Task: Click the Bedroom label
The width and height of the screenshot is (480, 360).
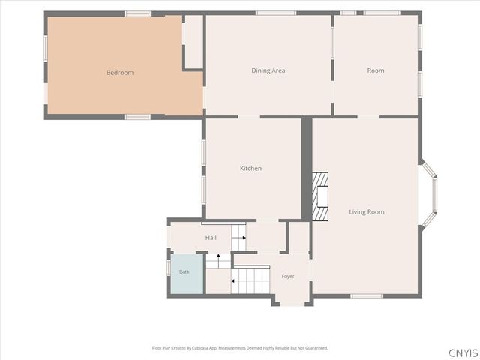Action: pyautogui.click(x=120, y=73)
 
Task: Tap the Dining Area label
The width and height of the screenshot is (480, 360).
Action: pyautogui.click(x=268, y=70)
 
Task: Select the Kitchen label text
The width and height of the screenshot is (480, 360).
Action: pyautogui.click(x=250, y=168)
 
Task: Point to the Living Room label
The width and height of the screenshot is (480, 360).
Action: pyautogui.click(x=367, y=211)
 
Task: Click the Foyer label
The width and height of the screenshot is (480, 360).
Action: pyautogui.click(x=288, y=276)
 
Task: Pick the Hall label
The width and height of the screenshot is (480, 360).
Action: pyautogui.click(x=211, y=238)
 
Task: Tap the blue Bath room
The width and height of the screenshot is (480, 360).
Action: pyautogui.click(x=187, y=274)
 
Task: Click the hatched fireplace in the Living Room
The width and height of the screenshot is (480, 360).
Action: pyautogui.click(x=320, y=196)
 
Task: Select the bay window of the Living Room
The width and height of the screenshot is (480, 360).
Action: pyautogui.click(x=428, y=195)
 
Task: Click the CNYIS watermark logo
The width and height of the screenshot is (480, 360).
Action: pyautogui.click(x=463, y=352)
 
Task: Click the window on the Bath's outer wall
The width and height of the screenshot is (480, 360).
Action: pyautogui.click(x=168, y=267)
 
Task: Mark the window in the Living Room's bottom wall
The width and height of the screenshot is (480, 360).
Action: pyautogui.click(x=367, y=295)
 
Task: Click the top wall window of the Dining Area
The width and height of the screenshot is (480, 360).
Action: pyautogui.click(x=276, y=13)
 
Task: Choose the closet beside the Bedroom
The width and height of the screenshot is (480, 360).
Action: pyautogui.click(x=193, y=42)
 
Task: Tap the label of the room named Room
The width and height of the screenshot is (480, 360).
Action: pyautogui.click(x=376, y=70)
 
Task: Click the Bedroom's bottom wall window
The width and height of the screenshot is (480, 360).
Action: pyautogui.click(x=137, y=117)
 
